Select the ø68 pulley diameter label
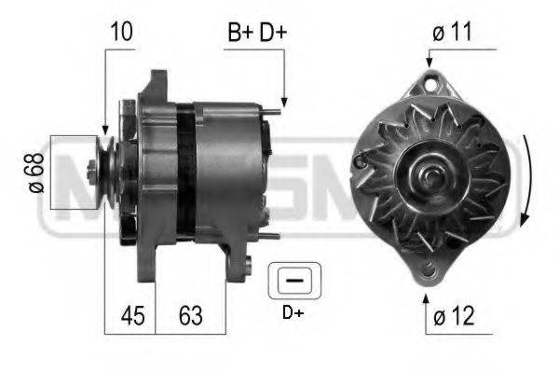click(x=36, y=173)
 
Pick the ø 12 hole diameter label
click(x=454, y=317)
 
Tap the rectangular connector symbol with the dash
click(x=293, y=280)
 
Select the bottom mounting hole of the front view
click(x=428, y=271)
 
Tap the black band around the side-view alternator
click(x=185, y=173)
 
